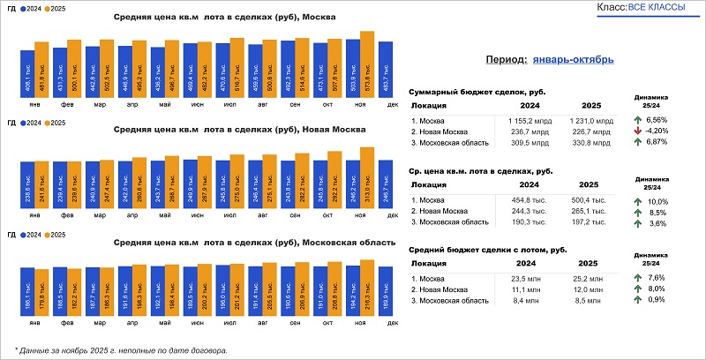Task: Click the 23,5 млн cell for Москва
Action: point(524,280)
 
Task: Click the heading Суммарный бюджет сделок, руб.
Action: point(469,92)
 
